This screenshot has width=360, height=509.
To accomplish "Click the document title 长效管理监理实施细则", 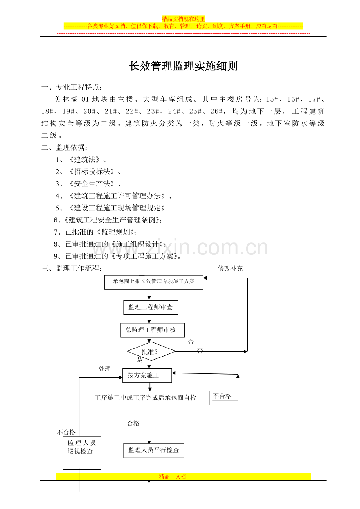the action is click(183, 66).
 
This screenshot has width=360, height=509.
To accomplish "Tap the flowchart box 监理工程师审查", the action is click(151, 307).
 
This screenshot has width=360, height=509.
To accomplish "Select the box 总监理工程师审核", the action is click(152, 330).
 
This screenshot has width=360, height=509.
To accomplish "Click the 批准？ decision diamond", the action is click(151, 351).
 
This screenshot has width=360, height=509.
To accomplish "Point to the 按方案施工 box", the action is click(147, 376).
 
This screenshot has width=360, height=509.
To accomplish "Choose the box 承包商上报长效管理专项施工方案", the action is click(154, 282).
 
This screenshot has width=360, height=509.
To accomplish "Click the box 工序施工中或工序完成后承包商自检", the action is click(150, 398).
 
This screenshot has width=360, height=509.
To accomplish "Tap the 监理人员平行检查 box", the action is click(154, 450).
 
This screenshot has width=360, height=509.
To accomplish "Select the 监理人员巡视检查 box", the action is click(82, 453).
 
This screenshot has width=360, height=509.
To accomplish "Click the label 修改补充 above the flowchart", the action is click(230, 269).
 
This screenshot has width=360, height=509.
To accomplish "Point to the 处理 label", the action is click(104, 369).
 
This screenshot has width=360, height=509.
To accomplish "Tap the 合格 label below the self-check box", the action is click(133, 423).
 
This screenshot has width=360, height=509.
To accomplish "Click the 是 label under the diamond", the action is click(140, 360).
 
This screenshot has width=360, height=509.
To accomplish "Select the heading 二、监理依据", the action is click(65, 147).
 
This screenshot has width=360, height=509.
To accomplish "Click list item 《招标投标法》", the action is click(92, 172).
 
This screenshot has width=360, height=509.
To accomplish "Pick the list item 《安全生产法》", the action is click(92, 184).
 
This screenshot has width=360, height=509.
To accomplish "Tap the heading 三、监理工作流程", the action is click(72, 268).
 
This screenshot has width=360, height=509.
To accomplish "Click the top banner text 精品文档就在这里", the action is click(183, 19).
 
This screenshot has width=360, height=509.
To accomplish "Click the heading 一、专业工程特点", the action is click(72, 87).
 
